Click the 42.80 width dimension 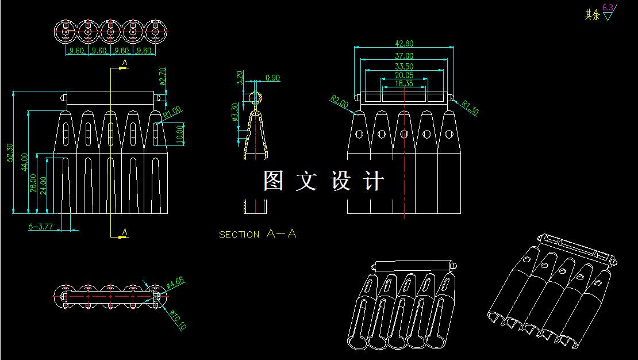[404, 44]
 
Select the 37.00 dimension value [404, 56]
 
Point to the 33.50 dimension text [404, 67]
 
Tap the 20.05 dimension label [404, 75]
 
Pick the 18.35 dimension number [404, 84]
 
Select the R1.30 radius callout [470, 108]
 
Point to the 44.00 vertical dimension [25, 162]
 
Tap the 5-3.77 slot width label [41, 227]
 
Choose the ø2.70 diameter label [162, 76]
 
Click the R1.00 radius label [172, 112]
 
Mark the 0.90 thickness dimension [273, 78]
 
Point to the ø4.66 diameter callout [175, 282]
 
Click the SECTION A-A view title [257, 234]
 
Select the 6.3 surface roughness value [608, 7]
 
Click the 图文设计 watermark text [324, 181]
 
